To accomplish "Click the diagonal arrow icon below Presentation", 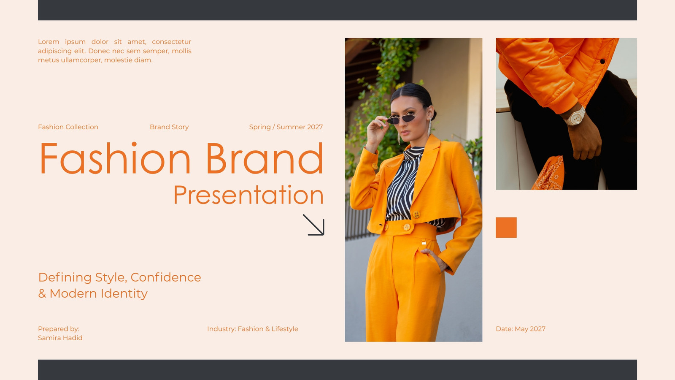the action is tap(314, 225).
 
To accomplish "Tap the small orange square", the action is tap(506, 228).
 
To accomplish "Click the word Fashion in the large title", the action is tap(115, 158).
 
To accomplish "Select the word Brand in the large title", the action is tap(265, 158).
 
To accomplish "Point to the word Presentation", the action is tap(248, 195).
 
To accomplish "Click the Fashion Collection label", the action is tap(68, 127).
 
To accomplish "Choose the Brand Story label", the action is tap(169, 127).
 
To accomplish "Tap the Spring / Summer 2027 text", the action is tap(286, 127).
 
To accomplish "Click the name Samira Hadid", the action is tap(60, 338).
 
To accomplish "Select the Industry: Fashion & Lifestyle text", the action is tap(253, 329).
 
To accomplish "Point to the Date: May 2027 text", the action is tap(521, 329).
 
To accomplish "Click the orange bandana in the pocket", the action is tap(548, 174).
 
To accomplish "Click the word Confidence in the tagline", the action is tap(166, 277).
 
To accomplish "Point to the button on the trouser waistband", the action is tap(407, 227).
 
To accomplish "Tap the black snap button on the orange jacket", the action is tap(602, 61).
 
